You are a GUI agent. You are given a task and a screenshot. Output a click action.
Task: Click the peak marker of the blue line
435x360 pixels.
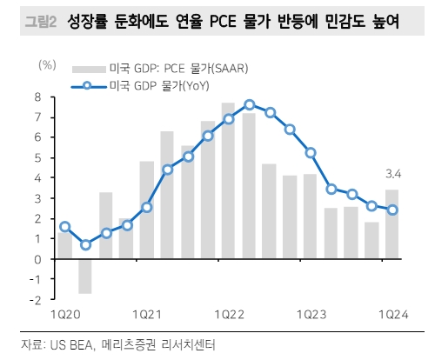point(249,104)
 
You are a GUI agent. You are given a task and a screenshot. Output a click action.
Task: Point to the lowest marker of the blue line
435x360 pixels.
point(85,244)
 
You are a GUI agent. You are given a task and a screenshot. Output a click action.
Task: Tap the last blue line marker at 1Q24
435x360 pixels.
point(391,210)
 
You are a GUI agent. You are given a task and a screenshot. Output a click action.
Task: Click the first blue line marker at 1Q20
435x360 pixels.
point(65,227)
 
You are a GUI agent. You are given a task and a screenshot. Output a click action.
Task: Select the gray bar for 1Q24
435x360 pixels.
point(391,224)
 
